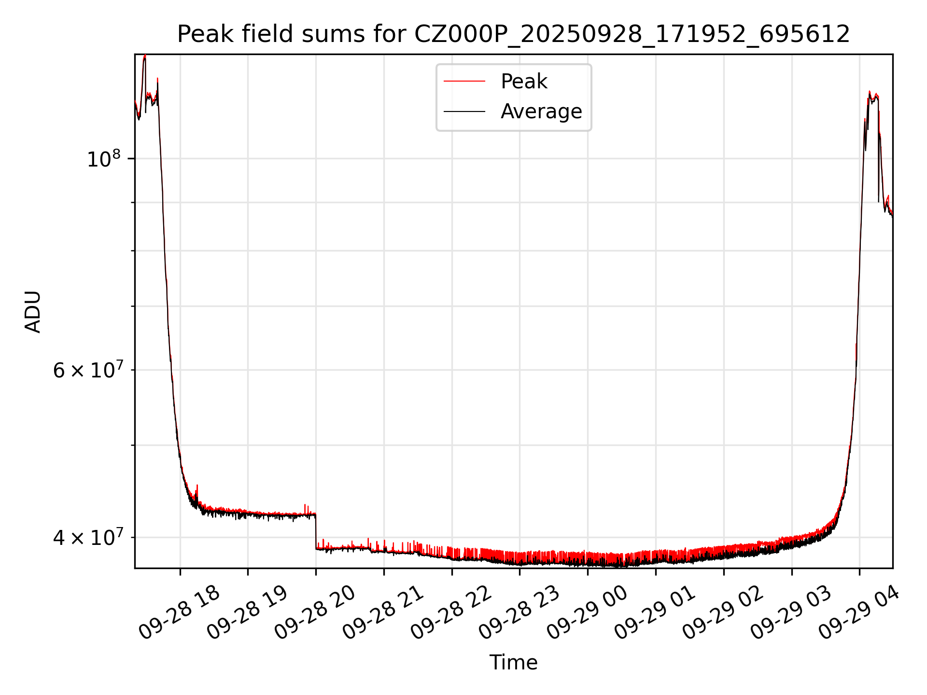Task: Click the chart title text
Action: [x=513, y=35]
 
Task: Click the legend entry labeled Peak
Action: [x=524, y=82]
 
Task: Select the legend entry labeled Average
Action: [x=541, y=111]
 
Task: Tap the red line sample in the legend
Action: [x=464, y=82]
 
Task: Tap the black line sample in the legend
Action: [x=464, y=111]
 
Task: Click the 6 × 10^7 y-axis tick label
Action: [x=87, y=370]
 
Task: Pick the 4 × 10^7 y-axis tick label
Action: [x=87, y=537]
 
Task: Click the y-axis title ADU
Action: [x=33, y=312]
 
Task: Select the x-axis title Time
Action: [x=513, y=663]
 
